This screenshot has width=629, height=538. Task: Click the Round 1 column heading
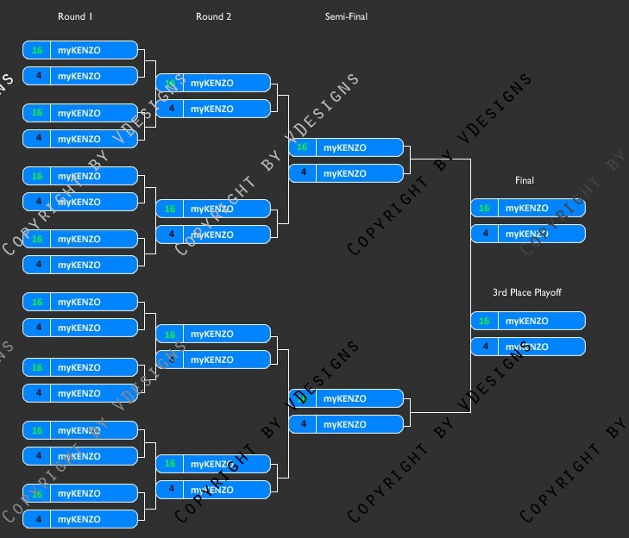click(x=75, y=16)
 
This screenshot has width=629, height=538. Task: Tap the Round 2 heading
click(x=213, y=16)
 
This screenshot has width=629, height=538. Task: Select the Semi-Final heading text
click(x=346, y=16)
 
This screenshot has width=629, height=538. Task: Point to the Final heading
click(x=525, y=180)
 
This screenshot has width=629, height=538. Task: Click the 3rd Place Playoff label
click(x=526, y=292)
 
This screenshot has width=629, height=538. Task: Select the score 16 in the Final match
click(x=484, y=208)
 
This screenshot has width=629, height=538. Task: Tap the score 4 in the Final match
click(x=484, y=234)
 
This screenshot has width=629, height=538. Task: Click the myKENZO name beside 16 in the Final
click(x=526, y=208)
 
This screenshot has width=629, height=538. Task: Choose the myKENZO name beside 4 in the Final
click(x=526, y=234)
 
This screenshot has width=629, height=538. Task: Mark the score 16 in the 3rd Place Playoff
click(x=484, y=321)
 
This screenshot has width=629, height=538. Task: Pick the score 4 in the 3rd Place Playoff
click(x=484, y=347)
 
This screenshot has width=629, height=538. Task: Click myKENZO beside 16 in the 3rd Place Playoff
click(x=526, y=321)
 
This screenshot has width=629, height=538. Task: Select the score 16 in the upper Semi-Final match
click(x=302, y=147)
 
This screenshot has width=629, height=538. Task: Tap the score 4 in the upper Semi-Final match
click(x=302, y=173)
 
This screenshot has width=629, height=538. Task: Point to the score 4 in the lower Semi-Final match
click(x=302, y=424)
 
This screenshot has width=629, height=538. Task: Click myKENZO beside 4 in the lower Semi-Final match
click(x=344, y=424)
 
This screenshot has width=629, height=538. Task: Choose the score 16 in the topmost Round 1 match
click(x=37, y=50)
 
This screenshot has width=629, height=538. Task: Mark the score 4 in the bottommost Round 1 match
click(x=37, y=519)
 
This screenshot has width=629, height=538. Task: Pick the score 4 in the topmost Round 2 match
click(x=170, y=109)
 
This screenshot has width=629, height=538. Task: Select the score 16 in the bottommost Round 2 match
click(x=170, y=464)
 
